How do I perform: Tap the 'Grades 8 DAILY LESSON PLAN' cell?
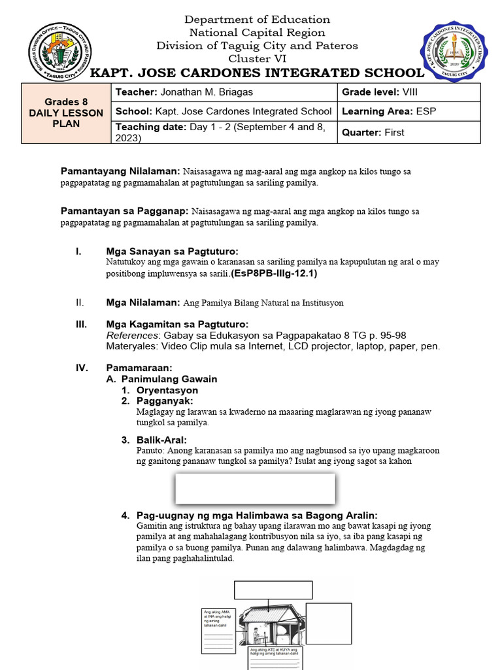click(65, 113)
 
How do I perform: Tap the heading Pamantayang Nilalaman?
click(120, 171)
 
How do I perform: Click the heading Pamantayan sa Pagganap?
click(124, 211)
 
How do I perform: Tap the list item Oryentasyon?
click(167, 390)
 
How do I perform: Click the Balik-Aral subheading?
click(161, 440)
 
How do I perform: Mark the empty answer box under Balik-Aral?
click(255, 488)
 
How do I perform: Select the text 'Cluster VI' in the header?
click(257, 58)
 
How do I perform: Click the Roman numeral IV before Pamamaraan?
click(82, 368)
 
